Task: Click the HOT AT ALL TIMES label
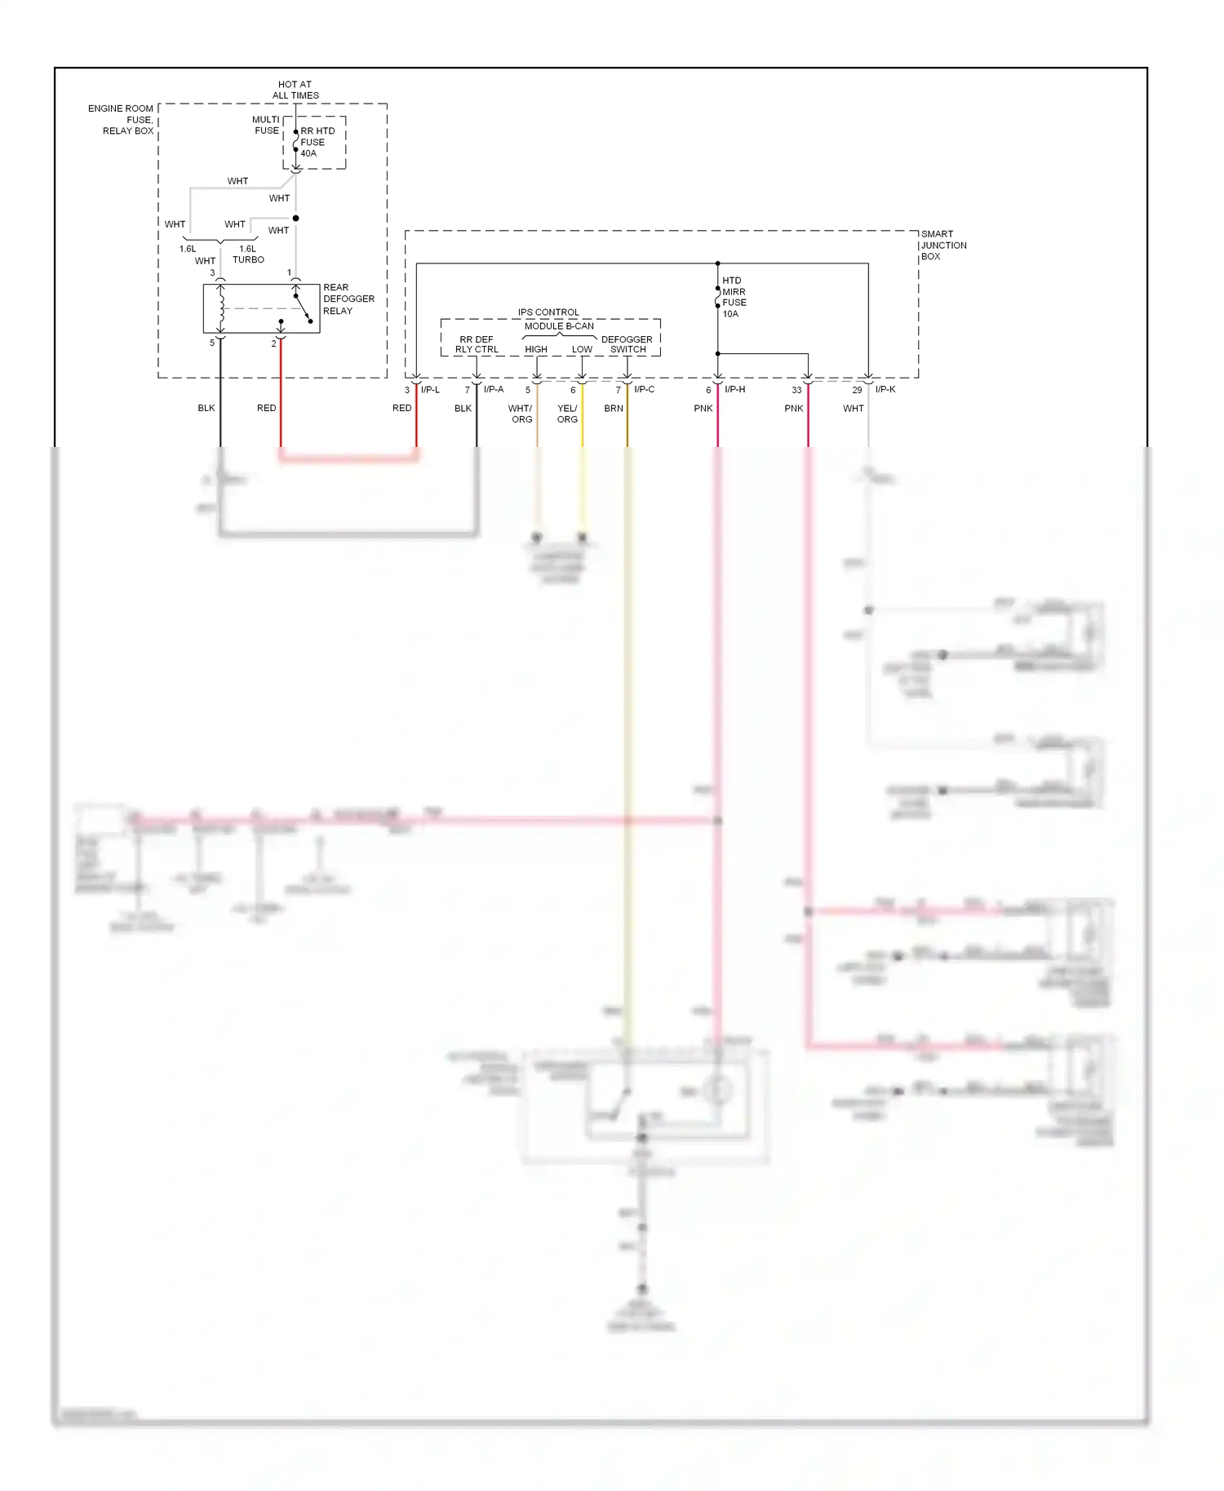295,90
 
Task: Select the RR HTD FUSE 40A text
317,142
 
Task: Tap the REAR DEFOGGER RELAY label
348,299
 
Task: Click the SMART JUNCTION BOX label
943,245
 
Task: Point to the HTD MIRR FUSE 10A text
734,297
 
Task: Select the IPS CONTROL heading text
548,312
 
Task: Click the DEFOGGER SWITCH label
627,344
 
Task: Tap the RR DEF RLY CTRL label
477,344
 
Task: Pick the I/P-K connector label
885,389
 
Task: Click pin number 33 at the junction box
796,390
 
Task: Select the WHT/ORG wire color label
521,414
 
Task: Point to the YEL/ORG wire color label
567,414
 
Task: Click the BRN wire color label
614,409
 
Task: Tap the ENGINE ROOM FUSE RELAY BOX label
122,119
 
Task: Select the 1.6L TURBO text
248,254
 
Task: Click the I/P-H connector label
734,389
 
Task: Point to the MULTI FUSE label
266,125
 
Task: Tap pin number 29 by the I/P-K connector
857,390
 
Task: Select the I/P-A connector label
494,389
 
